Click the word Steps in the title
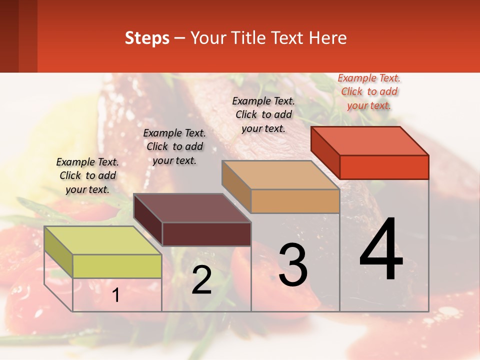pos(147,38)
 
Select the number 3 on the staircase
pos(293,265)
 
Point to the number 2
pos(201,280)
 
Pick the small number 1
pos(115,295)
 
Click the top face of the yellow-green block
pos(102,240)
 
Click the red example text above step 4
pos(369,91)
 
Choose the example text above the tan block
pos(263,114)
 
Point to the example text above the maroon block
pos(174,146)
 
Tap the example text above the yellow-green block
pos(87,175)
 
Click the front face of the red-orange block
pos(384,167)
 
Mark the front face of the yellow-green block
pos(117,266)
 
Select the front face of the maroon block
pos(206,234)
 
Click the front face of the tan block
pos(295,201)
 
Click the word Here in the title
pos(328,38)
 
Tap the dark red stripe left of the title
pos(18,36)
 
